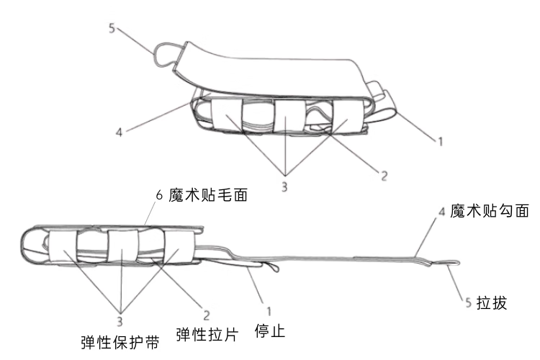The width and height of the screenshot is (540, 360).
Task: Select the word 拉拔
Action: tap(494, 303)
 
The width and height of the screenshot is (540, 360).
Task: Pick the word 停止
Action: tap(271, 332)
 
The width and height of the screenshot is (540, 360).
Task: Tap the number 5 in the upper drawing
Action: tap(112, 29)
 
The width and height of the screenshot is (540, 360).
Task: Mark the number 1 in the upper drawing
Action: tap(440, 142)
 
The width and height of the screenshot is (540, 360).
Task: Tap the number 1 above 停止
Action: tap(269, 312)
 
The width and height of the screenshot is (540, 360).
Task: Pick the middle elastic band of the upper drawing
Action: tap(289, 116)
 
